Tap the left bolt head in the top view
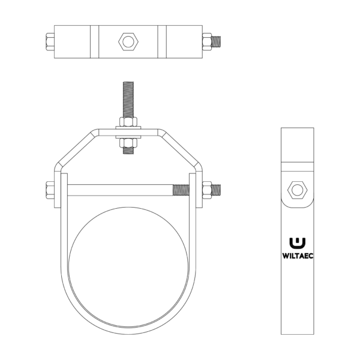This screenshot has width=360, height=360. coord(48,42)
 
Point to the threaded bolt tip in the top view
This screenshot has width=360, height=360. coord(218,42)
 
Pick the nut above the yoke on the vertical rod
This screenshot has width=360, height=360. coord(128,122)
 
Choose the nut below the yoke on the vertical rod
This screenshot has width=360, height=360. coord(128,142)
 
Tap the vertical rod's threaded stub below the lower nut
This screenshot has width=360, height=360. coord(128,151)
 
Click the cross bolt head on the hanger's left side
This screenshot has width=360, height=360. coord(50,190)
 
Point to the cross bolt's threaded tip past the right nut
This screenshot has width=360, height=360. coord(218,190)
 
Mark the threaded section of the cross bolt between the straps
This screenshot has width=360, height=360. coord(180,190)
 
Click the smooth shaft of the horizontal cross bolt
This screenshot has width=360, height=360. coord(120,190)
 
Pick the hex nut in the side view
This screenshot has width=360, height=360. coord(297,190)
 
